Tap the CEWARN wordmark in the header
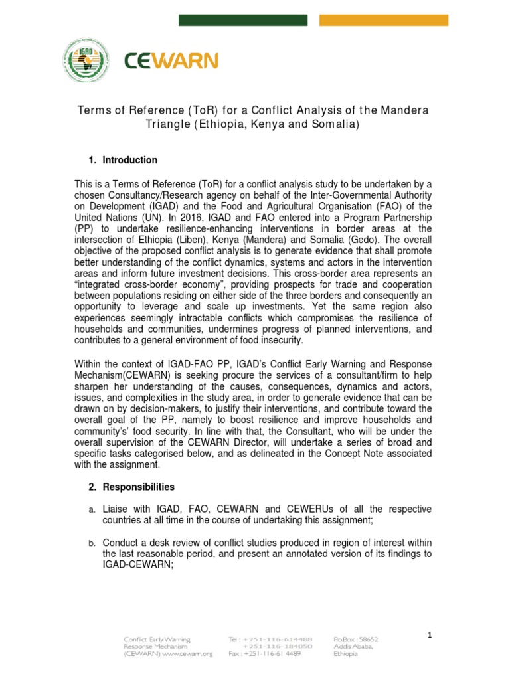point(171,62)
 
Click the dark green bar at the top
point(244,21)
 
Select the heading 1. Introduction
point(123,160)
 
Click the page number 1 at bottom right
point(430,635)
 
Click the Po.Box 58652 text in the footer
point(355,638)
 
